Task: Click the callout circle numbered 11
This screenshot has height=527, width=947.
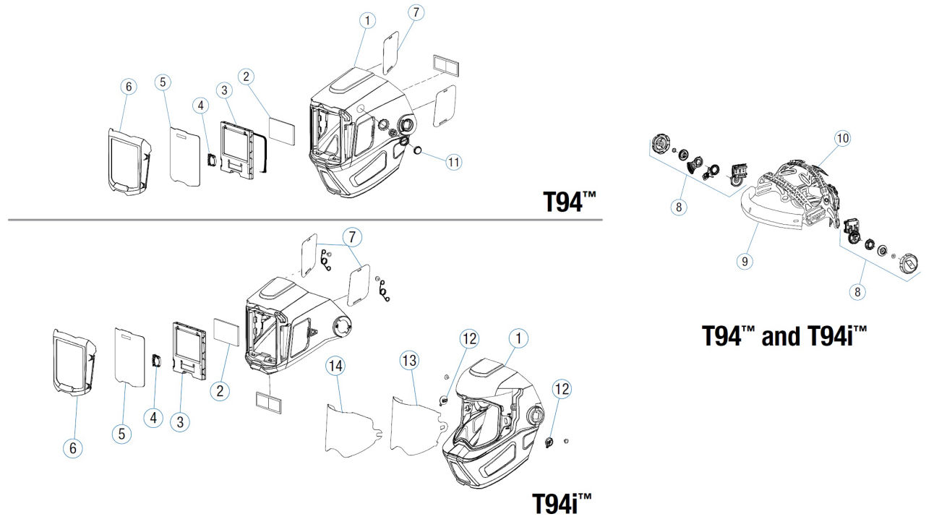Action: (454, 162)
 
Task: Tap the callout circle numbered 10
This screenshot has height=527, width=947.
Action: (843, 138)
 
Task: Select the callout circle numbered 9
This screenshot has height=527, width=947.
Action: (745, 262)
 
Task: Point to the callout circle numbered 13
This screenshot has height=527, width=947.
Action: (409, 361)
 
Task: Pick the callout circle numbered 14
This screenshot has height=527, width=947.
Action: (335, 366)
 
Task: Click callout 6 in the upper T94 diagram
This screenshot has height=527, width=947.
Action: (129, 87)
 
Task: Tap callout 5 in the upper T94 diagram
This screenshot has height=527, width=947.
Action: (163, 82)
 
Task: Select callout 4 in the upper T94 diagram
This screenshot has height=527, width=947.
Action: (201, 106)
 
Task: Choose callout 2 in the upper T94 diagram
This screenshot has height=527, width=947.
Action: (246, 77)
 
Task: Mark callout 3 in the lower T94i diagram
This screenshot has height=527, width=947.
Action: (180, 421)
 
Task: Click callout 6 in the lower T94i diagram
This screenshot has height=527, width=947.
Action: (73, 448)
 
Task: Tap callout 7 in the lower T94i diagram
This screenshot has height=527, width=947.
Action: (352, 238)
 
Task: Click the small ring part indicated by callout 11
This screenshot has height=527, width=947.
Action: (418, 150)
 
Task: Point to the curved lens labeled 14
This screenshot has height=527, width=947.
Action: (353, 431)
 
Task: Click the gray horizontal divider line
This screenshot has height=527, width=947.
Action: (305, 220)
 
